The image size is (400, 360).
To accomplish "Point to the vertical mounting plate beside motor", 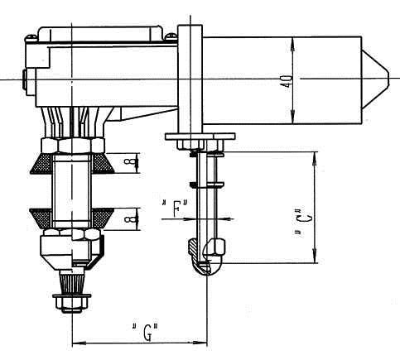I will tap(190, 74).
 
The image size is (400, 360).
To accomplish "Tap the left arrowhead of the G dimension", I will tap(77, 342).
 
